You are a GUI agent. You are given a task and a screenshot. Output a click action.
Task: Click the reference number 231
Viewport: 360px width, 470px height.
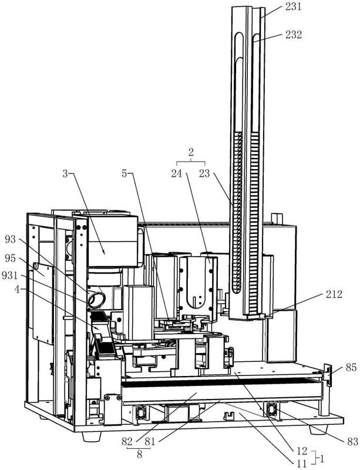(293, 7)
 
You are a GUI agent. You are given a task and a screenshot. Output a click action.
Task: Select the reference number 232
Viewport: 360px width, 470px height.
(294, 35)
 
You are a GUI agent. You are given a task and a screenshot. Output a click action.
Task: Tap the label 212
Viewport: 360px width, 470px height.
(334, 294)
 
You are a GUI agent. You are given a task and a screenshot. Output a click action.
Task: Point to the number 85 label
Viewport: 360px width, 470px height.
(351, 367)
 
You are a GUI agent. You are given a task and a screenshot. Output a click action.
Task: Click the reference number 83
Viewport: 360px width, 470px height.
(352, 441)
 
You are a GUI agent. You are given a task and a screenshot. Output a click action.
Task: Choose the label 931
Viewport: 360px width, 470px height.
(9, 275)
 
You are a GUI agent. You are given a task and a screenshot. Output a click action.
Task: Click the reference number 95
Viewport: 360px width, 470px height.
(11, 258)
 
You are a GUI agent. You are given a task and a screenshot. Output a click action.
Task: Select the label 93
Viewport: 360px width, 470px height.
(11, 239)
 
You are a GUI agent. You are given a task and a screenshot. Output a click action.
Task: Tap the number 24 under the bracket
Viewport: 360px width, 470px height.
(177, 173)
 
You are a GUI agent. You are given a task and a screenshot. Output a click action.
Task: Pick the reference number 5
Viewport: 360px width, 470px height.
(125, 173)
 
